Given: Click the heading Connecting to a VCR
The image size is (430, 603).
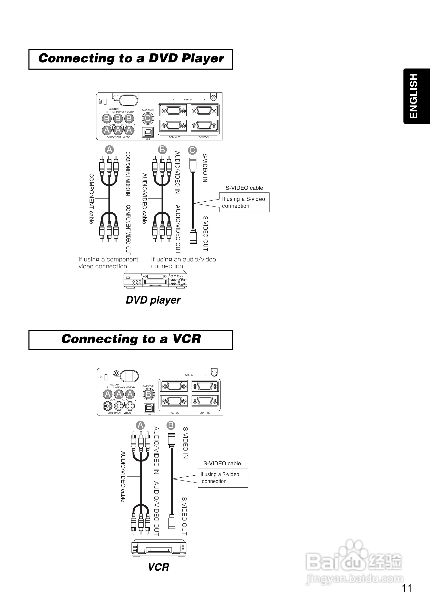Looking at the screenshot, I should [131, 340].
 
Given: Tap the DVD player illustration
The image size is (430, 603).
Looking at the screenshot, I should [155, 279].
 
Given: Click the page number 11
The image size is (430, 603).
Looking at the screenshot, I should [407, 588].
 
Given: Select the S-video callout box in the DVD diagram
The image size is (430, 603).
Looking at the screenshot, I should [244, 202].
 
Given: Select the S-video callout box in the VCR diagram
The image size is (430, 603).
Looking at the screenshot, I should [223, 478].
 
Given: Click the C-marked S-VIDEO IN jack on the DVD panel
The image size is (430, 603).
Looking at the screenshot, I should [148, 118].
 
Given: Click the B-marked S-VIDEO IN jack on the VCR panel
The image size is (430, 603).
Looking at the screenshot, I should [148, 394].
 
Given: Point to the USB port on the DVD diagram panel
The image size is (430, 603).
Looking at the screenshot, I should [148, 132].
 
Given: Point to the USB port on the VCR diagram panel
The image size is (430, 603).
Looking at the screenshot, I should [148, 408].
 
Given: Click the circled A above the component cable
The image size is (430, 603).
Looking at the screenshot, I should [109, 149].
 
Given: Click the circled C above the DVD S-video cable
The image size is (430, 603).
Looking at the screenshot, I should [192, 150].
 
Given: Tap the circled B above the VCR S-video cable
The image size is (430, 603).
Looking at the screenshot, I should [171, 425].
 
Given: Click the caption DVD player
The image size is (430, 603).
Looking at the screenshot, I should [153, 300].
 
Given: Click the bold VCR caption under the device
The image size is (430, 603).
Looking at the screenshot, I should [159, 567].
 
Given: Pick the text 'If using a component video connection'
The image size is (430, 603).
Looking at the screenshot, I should [108, 263].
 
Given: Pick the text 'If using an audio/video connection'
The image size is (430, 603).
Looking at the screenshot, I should [183, 262].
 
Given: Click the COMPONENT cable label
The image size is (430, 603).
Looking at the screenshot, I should [91, 199].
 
